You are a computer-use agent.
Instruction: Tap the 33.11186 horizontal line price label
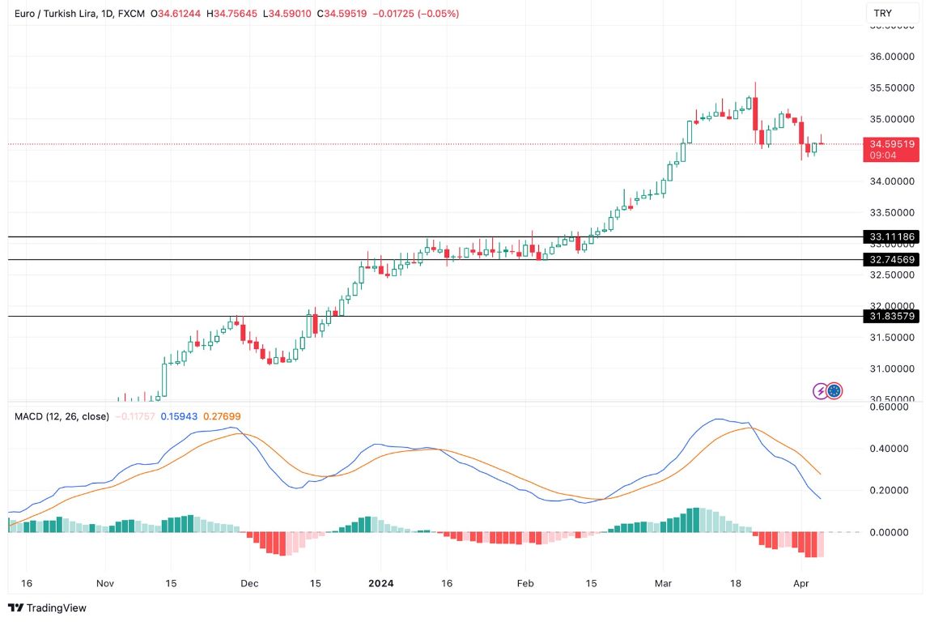coord(892,237)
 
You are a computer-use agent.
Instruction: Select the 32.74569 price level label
coord(892,260)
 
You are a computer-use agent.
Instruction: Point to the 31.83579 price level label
coord(892,316)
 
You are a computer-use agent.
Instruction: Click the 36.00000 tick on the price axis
coord(892,57)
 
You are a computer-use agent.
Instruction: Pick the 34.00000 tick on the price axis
coord(892,181)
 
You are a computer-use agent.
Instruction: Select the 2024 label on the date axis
coord(380,582)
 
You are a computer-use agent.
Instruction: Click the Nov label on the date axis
coord(104,582)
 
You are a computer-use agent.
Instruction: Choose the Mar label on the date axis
coord(664,582)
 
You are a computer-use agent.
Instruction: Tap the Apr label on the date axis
coord(800,582)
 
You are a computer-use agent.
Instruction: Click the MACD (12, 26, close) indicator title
coord(62,416)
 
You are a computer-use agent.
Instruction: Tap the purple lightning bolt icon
coord(821,391)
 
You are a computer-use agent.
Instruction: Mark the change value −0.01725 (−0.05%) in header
coord(414,14)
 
